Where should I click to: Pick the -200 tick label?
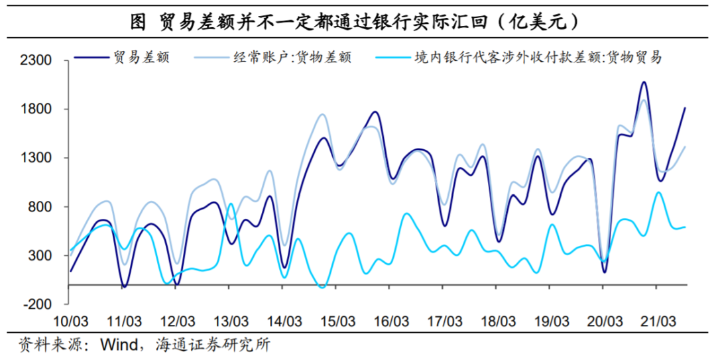38,304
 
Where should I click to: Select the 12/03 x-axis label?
177,322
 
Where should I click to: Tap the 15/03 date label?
337,322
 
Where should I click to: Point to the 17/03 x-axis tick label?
444,322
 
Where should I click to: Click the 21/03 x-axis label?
656,322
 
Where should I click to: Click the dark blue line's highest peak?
643,82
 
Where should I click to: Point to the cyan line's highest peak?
658,192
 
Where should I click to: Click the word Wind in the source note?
117,345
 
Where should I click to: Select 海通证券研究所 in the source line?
212,345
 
